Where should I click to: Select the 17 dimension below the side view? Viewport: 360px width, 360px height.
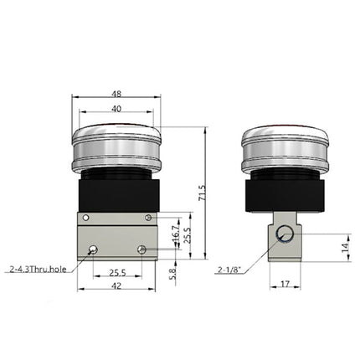pos(284,285)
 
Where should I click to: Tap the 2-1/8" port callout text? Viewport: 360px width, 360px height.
pos(228,270)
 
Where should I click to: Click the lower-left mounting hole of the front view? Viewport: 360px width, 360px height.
pos(93,249)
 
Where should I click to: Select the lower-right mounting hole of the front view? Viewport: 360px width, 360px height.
pos(141,249)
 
